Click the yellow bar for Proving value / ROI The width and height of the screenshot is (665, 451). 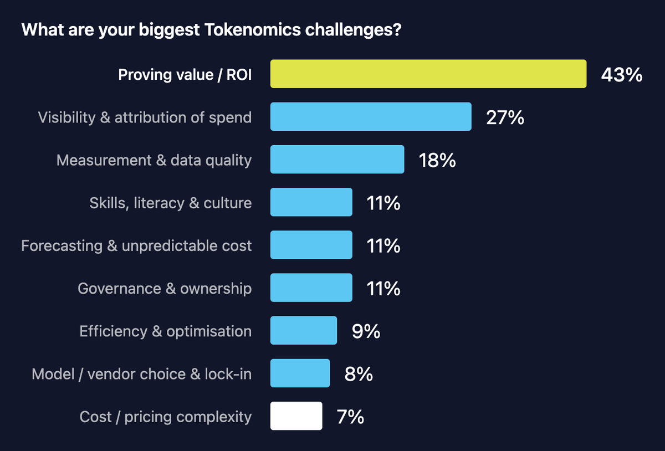(428, 74)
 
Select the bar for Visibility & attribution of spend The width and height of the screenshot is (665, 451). (371, 116)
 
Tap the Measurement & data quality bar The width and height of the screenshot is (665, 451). (337, 159)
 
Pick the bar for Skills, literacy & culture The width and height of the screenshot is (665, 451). (311, 202)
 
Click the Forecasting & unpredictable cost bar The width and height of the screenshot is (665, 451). (311, 245)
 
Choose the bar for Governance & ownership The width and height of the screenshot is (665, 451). (311, 288)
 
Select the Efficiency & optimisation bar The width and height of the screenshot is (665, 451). (304, 330)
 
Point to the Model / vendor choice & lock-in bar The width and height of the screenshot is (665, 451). (300, 373)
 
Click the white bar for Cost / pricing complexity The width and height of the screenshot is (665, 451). (296, 416)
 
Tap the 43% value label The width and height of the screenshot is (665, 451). (622, 75)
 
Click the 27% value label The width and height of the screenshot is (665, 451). (505, 117)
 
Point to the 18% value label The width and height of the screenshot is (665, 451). (437, 160)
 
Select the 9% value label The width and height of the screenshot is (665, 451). (366, 331)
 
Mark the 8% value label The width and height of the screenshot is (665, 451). (359, 374)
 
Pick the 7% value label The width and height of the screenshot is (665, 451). (350, 417)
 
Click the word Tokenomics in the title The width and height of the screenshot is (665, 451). (253, 30)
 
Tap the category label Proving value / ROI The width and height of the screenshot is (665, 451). (185, 75)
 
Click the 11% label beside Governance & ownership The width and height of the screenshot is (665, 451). (383, 288)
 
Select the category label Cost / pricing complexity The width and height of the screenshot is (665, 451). (166, 417)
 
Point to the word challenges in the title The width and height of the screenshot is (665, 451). (354, 30)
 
